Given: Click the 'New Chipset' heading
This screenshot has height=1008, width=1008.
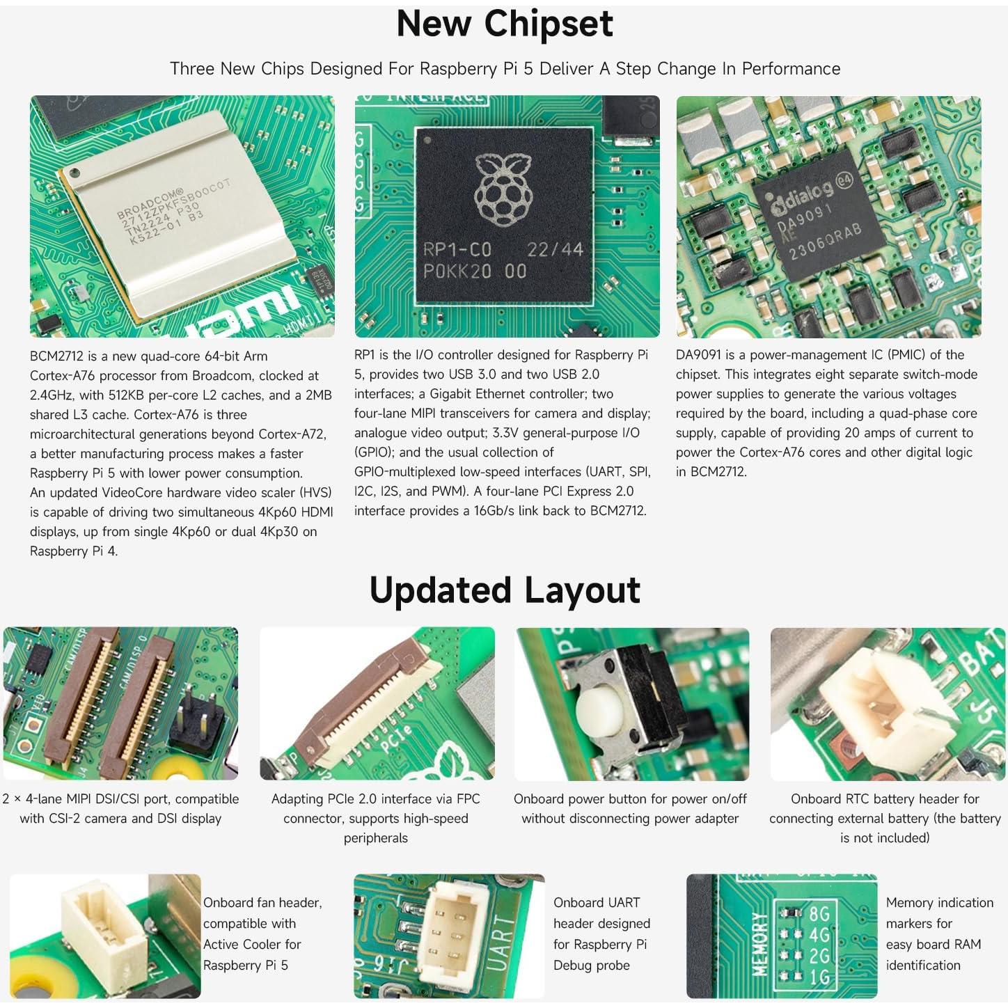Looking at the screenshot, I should (x=504, y=24).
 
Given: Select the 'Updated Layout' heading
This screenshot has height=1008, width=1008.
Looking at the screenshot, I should (x=504, y=590).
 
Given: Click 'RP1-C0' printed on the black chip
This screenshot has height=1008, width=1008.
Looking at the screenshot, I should (x=457, y=249).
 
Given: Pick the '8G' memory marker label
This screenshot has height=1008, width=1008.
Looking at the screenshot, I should (x=819, y=913).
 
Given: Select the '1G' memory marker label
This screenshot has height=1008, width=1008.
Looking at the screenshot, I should (x=819, y=977).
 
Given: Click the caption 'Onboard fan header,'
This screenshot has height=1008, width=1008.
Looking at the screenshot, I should (x=262, y=903).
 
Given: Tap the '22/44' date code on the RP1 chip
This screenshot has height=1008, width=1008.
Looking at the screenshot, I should (x=555, y=249).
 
